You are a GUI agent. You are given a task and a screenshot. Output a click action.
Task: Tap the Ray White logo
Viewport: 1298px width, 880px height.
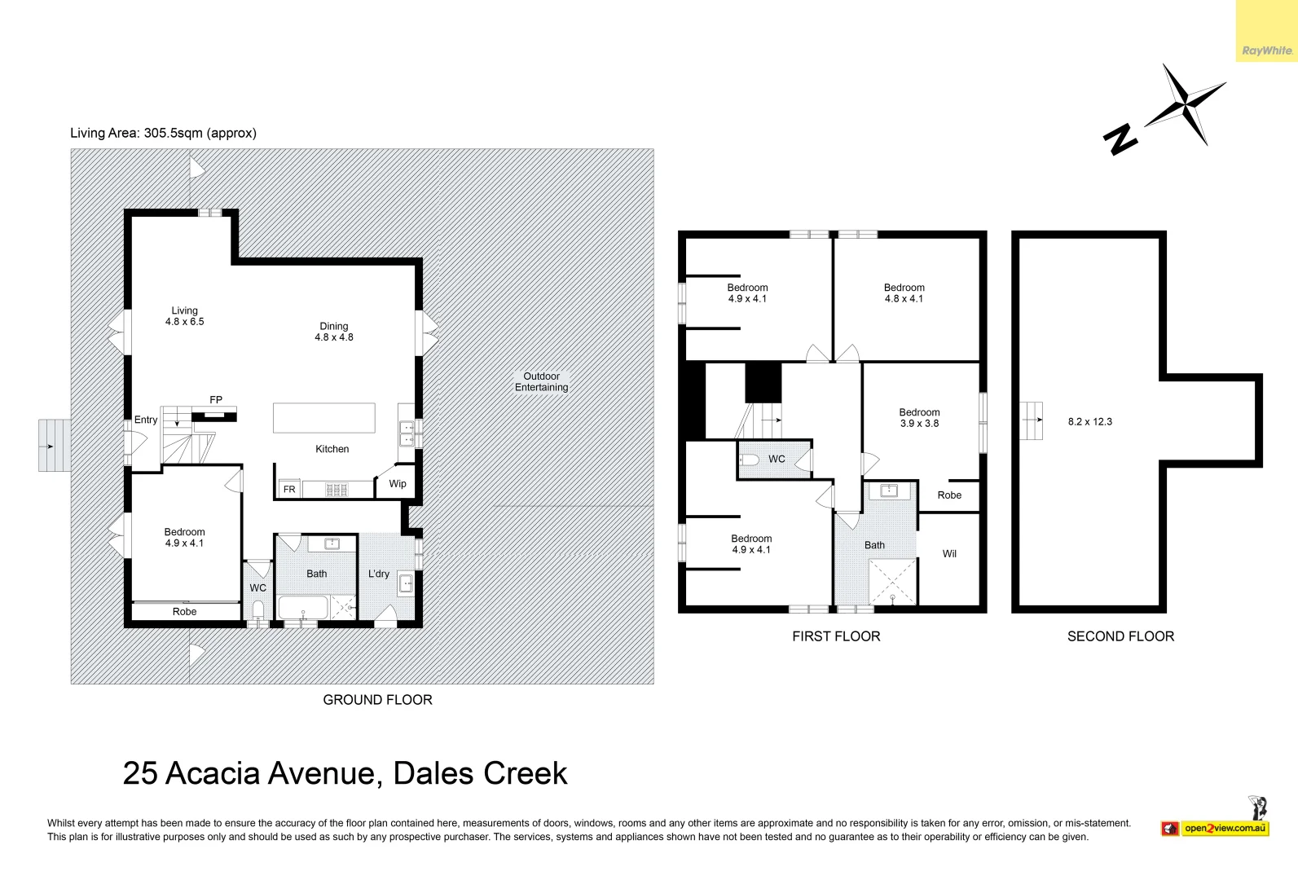pos(1267,51)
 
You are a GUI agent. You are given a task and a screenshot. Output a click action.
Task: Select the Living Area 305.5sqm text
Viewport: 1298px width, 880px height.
pos(163,134)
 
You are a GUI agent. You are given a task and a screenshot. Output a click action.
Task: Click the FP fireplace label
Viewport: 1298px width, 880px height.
pos(216,400)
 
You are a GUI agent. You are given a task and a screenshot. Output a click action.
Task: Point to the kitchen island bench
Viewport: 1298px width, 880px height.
pos(324,418)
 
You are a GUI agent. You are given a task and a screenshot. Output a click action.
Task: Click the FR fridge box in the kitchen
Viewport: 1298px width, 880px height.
pos(289,489)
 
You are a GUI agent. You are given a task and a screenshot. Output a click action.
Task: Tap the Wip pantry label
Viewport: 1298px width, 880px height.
pos(398,484)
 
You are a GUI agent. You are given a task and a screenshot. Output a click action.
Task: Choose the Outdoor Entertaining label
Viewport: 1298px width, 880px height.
pos(542,382)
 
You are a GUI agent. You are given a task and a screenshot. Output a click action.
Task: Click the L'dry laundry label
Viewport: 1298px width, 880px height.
pos(378,574)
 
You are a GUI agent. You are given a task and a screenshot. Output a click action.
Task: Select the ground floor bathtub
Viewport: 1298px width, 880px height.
pos(304,608)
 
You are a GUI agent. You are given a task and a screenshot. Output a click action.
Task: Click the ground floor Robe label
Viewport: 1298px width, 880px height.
pos(184,612)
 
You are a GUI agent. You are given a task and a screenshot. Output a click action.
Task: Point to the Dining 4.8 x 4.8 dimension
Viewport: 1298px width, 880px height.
pos(334,337)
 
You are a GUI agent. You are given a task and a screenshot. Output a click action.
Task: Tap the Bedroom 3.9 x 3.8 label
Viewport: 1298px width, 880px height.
pos(920,418)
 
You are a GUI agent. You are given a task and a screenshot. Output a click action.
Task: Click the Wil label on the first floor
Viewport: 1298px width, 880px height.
pos(949,554)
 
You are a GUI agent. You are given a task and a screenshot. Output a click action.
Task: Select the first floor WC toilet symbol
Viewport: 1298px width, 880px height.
pos(750,460)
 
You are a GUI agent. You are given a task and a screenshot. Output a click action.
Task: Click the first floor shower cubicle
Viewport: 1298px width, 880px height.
pos(892,582)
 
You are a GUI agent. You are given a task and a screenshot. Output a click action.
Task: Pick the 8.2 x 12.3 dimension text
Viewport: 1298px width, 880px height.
pos(1090,422)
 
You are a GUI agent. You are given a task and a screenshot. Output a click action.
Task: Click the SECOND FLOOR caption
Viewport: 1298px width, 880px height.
pos(1120,636)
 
